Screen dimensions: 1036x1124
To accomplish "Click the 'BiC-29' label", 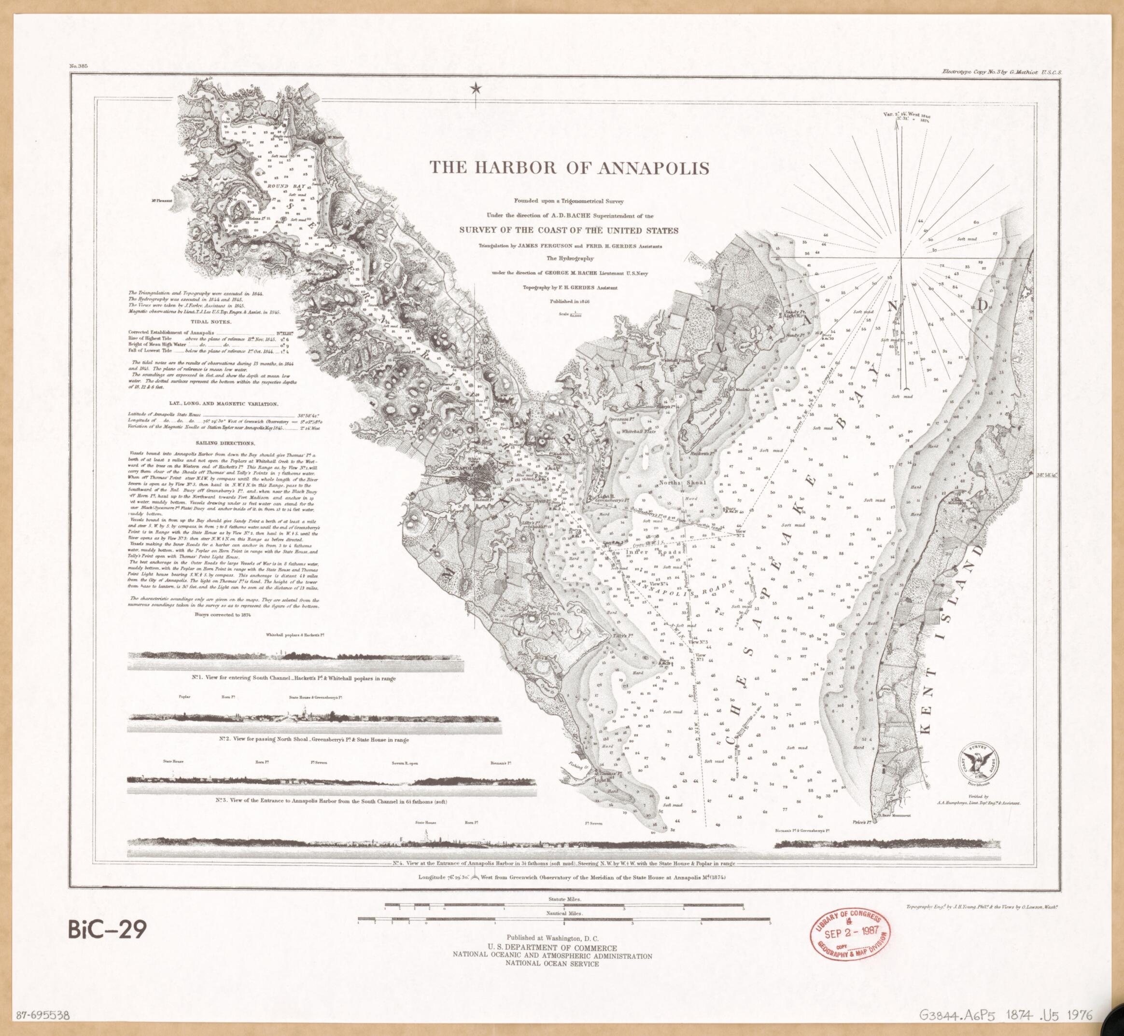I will (x=107, y=929).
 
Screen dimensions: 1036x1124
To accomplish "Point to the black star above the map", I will (x=476, y=89).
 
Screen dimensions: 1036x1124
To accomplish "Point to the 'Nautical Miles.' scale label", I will (x=564, y=928).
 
